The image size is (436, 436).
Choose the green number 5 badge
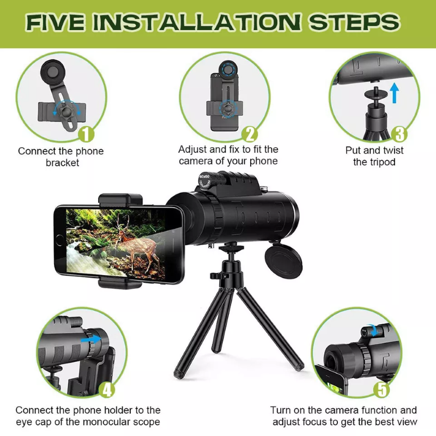coord(383,389)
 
